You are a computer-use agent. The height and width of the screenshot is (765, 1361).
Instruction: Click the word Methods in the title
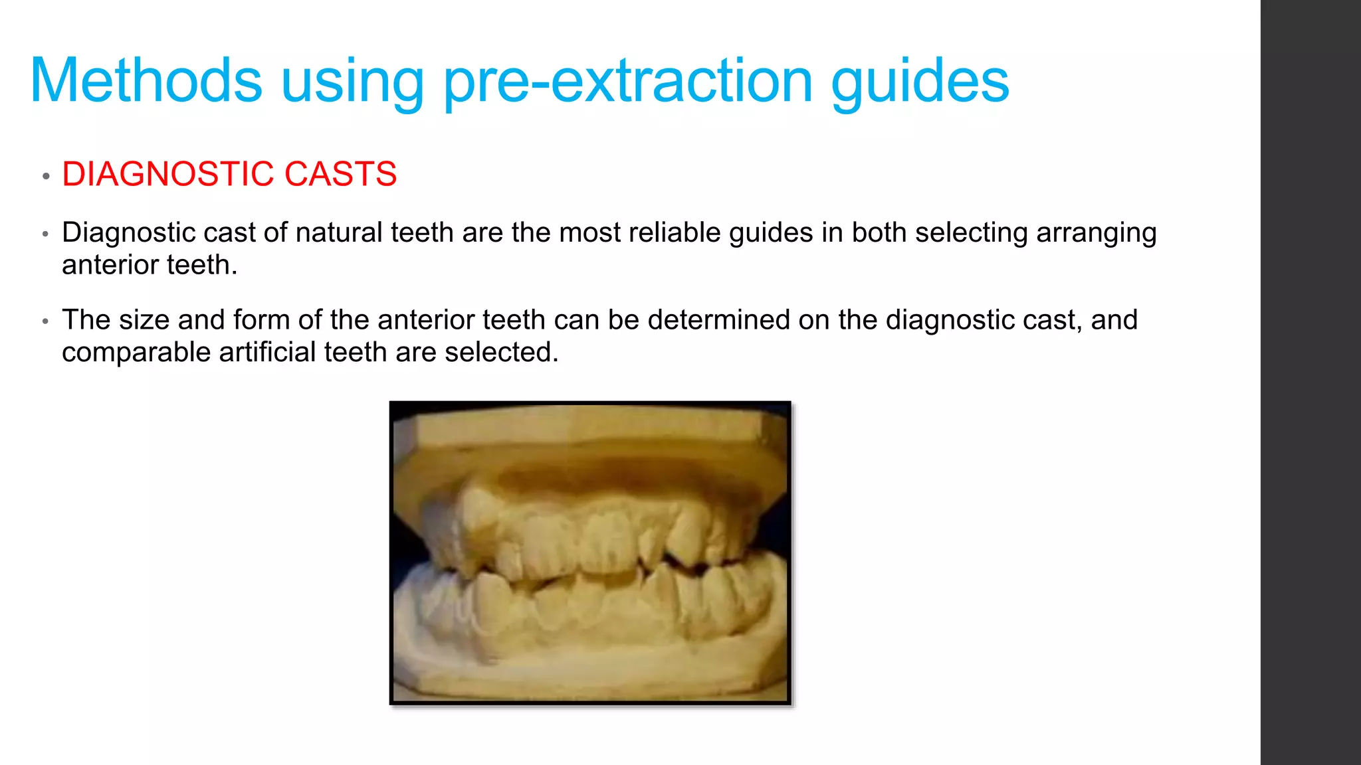146,81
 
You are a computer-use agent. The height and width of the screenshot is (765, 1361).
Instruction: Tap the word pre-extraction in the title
627,81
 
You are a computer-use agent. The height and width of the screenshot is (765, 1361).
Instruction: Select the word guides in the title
920,81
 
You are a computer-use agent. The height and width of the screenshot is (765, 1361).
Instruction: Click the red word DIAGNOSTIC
167,175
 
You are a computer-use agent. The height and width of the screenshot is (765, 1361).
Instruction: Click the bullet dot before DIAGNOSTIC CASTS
46,177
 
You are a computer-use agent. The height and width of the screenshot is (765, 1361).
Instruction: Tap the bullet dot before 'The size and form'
46,321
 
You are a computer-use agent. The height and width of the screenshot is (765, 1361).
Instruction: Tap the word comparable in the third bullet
136,353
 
